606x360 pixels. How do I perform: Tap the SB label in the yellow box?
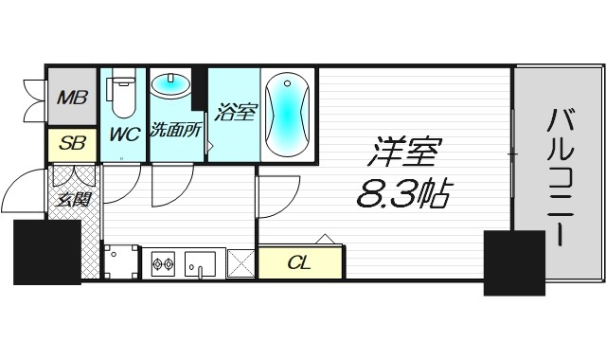[70, 144]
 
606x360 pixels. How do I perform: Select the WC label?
[123, 135]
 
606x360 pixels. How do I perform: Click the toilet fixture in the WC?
[123, 93]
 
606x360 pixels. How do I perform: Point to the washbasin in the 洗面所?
[170, 86]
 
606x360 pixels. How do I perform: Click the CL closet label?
[299, 261]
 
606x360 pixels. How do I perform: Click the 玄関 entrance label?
[70, 200]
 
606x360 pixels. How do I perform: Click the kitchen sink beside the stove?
[203, 262]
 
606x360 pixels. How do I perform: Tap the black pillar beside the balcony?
[512, 261]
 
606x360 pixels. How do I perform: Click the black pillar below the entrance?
[45, 251]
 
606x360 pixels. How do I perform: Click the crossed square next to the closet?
[241, 262]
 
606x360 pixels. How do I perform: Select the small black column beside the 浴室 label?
[199, 90]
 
